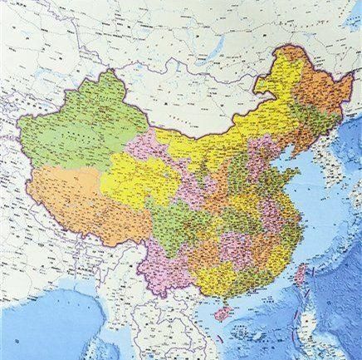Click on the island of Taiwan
coord(301,274)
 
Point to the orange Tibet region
coord(75,195)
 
